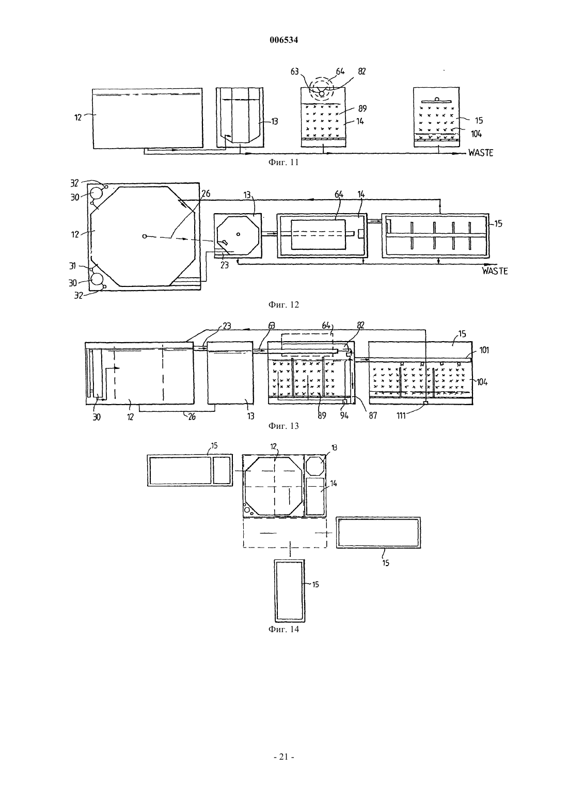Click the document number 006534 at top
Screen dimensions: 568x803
[x=283, y=40]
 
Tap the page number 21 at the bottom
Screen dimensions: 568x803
[x=284, y=757]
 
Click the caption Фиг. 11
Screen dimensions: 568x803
[x=283, y=163]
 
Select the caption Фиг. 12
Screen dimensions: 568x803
[x=283, y=304]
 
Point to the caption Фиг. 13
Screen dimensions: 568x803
[x=283, y=426]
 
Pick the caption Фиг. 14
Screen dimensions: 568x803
[x=283, y=630]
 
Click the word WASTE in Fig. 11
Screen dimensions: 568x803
[x=481, y=153]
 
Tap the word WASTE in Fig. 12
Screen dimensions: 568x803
[x=495, y=271]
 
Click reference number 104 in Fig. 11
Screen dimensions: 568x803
[x=476, y=134]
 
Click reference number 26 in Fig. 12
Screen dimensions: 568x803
[x=206, y=194]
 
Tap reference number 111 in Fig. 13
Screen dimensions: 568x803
[x=401, y=416]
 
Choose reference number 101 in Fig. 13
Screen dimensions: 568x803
[x=484, y=350]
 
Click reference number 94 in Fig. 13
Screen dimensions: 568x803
[x=344, y=416]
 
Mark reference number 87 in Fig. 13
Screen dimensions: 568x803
[x=373, y=416]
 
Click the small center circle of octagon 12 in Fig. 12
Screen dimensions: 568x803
[x=144, y=236]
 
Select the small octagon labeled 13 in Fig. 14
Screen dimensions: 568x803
[x=315, y=464]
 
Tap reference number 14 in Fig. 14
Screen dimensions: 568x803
[x=334, y=484]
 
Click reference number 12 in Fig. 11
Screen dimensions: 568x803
[x=78, y=117]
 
